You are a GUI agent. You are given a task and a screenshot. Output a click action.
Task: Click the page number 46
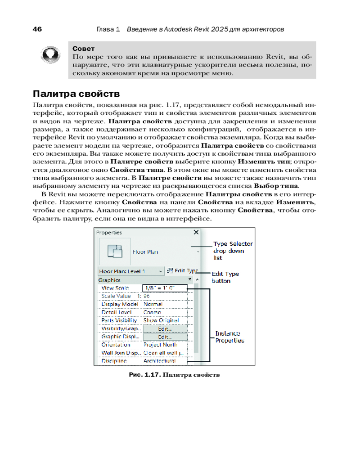pos(37,29)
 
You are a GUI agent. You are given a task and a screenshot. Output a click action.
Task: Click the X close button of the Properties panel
pos(196,232)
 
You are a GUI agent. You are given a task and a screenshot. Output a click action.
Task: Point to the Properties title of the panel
pos(110,233)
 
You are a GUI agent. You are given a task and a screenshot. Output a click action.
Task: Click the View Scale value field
pos(164,288)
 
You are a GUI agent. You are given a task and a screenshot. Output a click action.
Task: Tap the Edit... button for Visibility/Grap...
pos(165,328)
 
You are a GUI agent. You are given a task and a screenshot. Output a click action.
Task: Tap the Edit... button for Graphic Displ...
pos(165,337)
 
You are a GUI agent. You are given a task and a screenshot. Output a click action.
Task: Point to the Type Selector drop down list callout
pos(233,251)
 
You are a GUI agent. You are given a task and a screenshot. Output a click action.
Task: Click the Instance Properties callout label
pos(229,337)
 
